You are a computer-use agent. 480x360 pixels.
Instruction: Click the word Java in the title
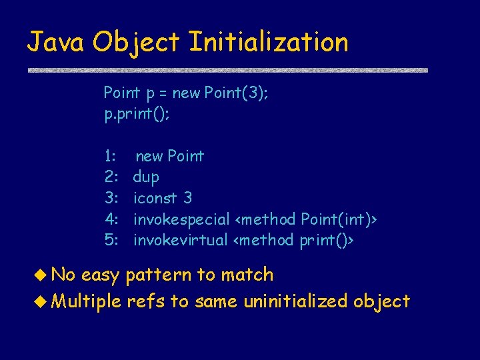tap(56, 42)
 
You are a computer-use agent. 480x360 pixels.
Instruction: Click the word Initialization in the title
tap(268, 42)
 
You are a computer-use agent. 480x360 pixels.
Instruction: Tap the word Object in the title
tap(137, 43)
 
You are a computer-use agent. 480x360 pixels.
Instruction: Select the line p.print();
tap(137, 114)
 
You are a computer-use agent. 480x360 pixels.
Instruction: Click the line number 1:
tap(111, 156)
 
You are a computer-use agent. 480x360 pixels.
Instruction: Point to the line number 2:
tap(111, 177)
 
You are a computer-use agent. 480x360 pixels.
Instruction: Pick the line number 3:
tap(111, 198)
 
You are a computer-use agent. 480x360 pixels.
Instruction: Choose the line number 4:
tap(111, 219)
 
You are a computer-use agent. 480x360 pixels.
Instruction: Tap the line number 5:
tap(111, 240)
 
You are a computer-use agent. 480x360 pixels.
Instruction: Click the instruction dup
tap(146, 177)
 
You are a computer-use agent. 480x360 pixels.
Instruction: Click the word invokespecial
tap(181, 219)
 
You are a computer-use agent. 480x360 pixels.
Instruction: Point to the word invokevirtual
tap(180, 240)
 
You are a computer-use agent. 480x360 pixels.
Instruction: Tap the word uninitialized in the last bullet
tap(296, 301)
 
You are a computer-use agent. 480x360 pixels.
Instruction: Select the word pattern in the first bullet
tap(157, 275)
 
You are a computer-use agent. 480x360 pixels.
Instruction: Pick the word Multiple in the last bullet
tap(86, 301)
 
